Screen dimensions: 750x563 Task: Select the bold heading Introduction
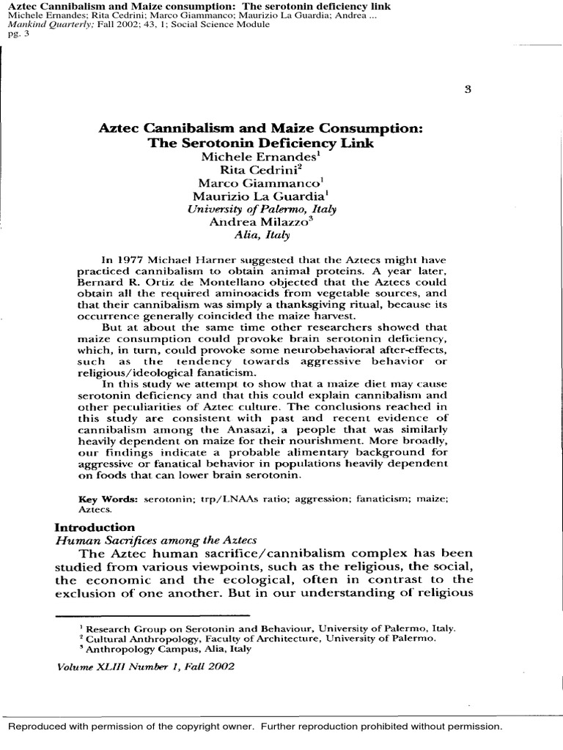tap(95, 527)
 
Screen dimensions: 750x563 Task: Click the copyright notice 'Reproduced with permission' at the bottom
tap(255, 727)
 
